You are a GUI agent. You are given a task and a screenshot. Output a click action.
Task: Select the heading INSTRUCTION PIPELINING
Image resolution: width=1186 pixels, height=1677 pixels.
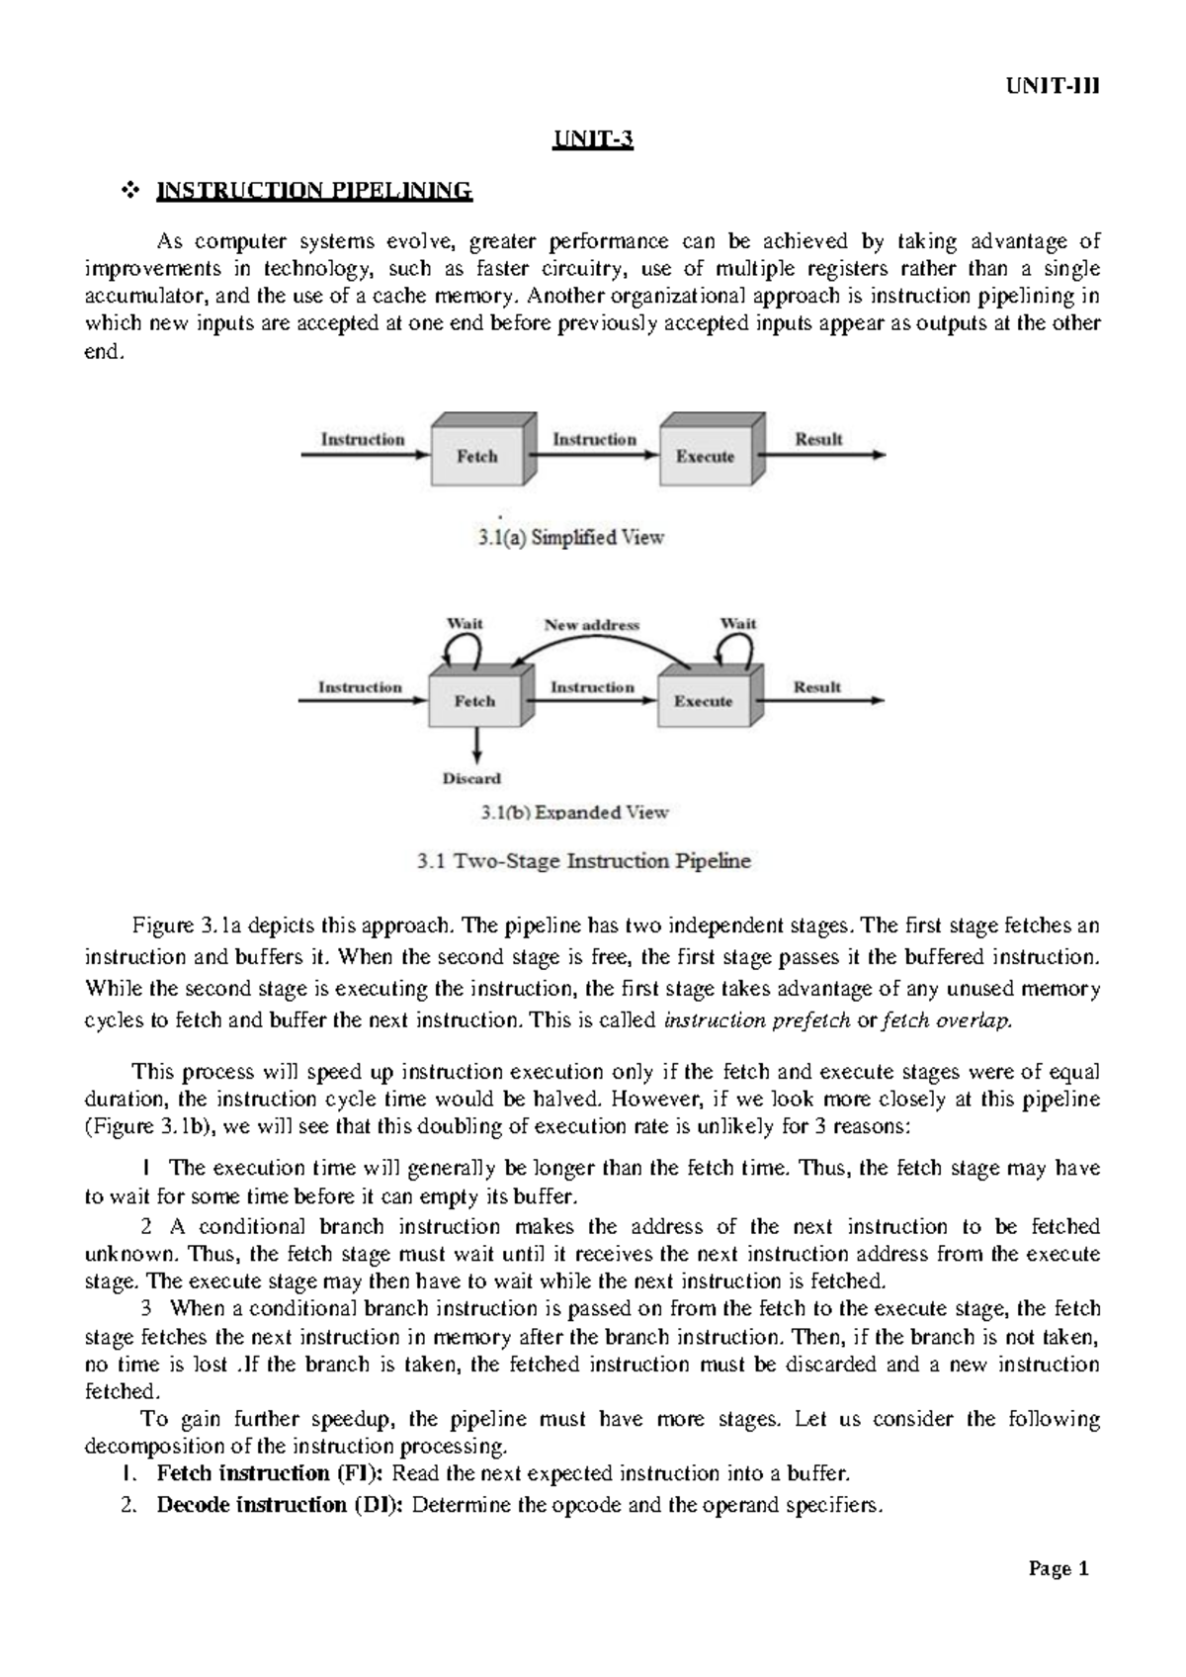(x=315, y=191)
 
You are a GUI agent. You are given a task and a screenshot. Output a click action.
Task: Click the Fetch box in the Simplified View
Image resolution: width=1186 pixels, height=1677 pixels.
(x=478, y=455)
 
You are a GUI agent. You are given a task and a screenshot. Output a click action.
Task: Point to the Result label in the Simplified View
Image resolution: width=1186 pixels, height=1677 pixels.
(x=818, y=439)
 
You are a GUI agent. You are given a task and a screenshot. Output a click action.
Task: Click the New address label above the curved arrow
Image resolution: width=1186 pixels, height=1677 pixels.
(x=592, y=625)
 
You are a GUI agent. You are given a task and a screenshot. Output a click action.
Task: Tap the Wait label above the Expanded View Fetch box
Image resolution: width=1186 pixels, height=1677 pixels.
(x=465, y=623)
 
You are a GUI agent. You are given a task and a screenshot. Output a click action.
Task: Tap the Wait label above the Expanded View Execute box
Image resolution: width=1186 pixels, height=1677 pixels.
(x=737, y=623)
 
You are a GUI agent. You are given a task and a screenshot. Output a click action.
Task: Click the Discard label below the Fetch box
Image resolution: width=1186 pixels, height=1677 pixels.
(x=471, y=778)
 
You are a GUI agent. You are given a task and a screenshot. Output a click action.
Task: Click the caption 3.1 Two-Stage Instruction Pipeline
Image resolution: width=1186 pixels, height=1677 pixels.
(x=583, y=861)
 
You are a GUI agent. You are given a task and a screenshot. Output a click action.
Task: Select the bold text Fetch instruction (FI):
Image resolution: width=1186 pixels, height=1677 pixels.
(x=272, y=1473)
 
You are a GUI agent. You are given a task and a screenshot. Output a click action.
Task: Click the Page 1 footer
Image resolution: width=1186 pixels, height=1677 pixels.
(x=1058, y=1569)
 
